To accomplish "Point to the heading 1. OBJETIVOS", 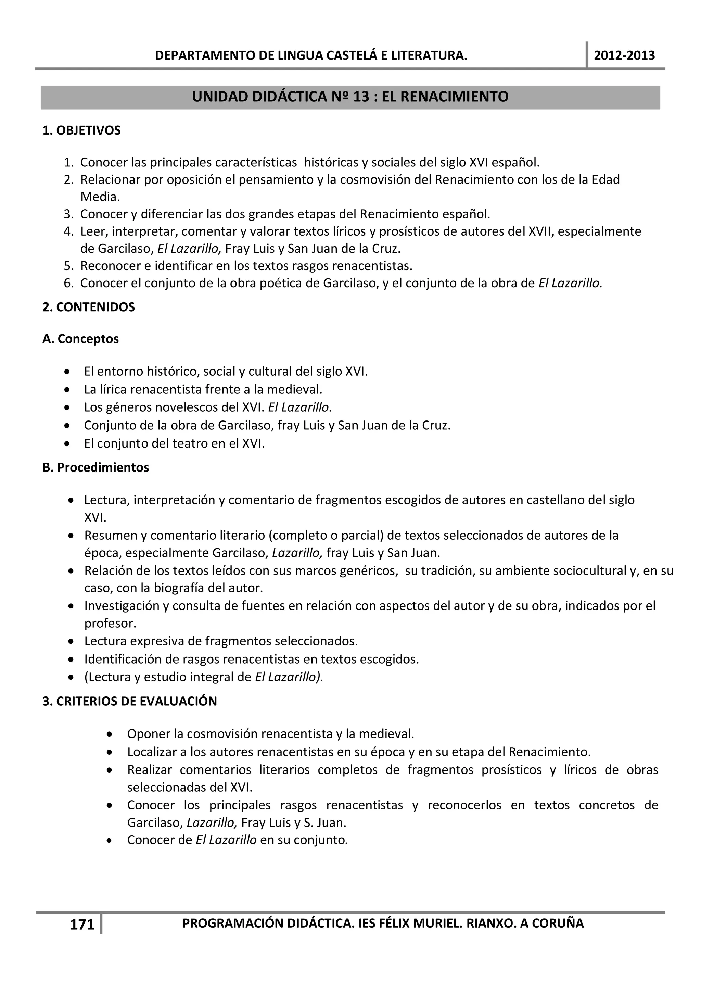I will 81,130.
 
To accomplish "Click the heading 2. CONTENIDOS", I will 89,307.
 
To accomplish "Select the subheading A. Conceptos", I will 81,339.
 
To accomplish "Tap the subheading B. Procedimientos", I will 96,467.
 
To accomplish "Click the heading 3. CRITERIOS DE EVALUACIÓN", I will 130,701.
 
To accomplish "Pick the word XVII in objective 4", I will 539,231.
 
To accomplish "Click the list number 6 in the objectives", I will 68,284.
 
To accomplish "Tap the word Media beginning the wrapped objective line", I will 99,197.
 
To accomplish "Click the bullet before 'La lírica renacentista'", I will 67,390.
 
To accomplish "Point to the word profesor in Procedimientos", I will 109,624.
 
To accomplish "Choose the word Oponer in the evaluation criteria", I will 148,733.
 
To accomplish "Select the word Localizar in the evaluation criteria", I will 151,752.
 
